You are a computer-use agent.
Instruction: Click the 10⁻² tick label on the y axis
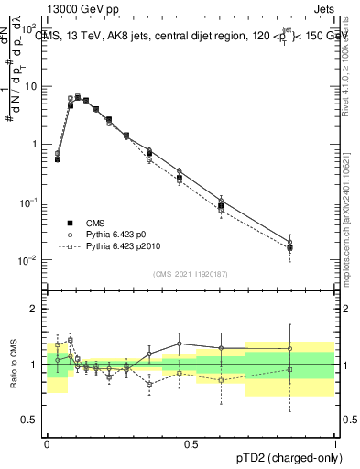(x=30, y=260)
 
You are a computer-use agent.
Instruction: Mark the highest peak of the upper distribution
(x=78, y=96)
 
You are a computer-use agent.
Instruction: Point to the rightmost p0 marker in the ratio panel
(x=289, y=348)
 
